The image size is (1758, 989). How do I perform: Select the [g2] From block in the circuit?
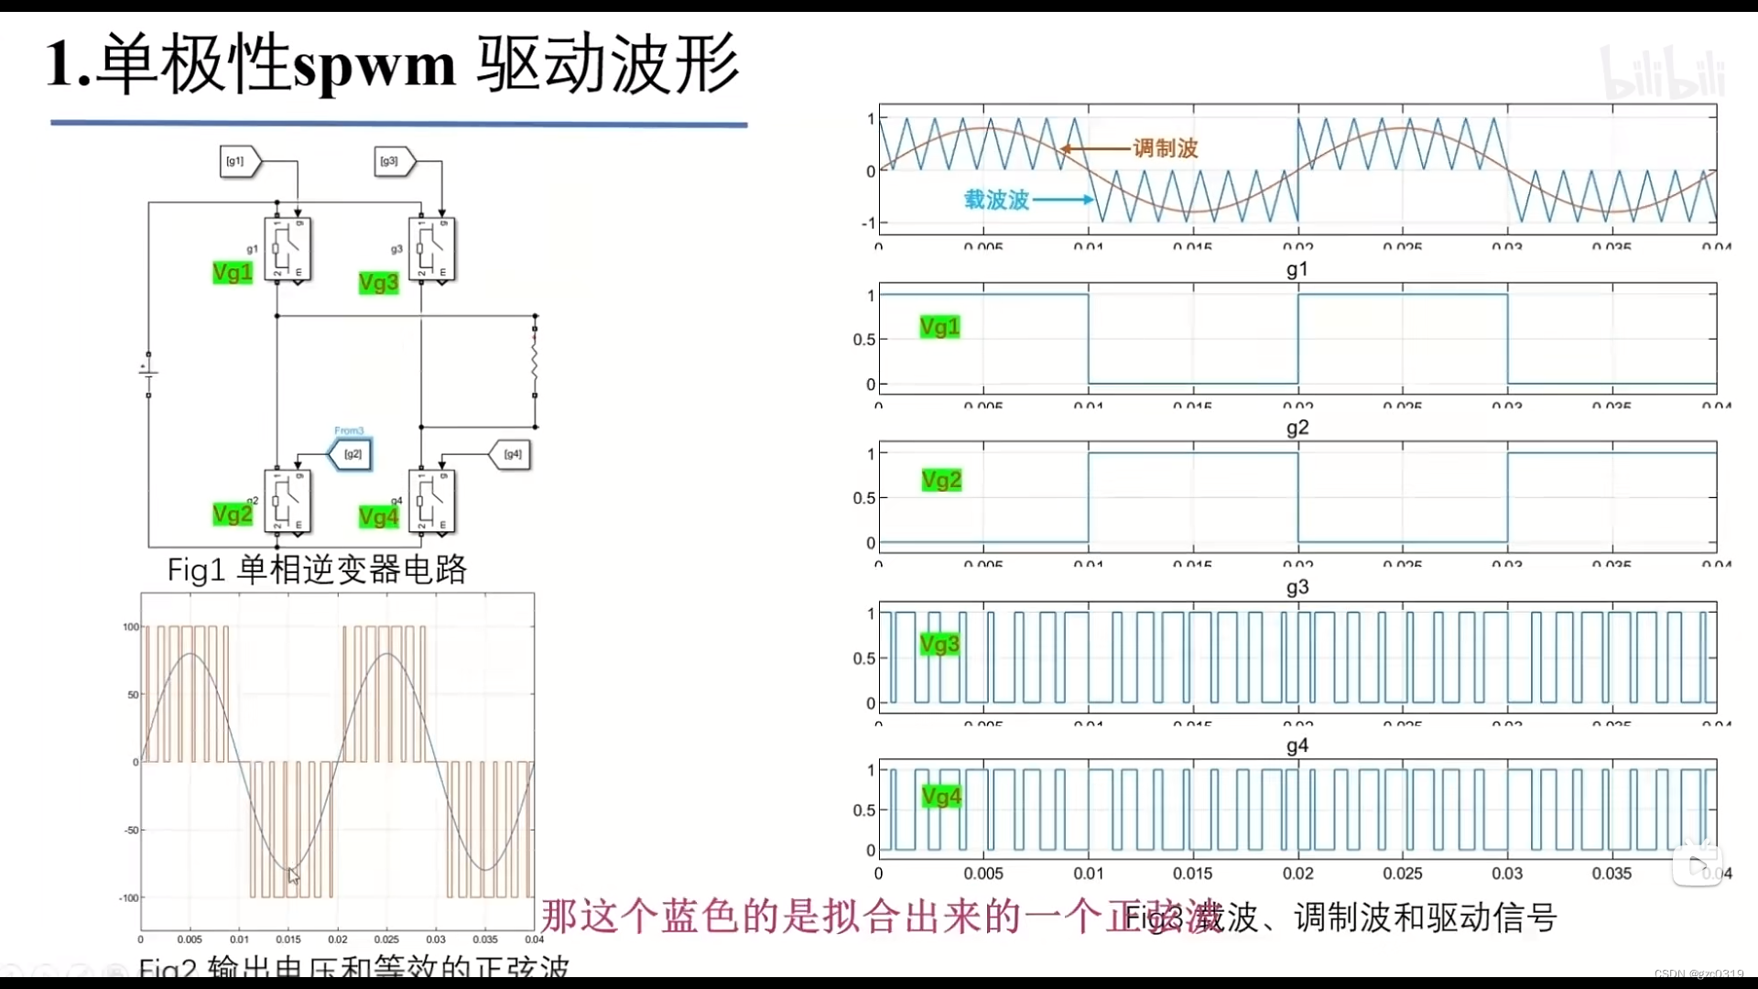[x=352, y=454]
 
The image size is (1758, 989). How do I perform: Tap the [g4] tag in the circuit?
[x=511, y=454]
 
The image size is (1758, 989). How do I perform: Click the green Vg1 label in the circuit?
[x=233, y=273]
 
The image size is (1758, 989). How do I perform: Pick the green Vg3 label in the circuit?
[x=378, y=283]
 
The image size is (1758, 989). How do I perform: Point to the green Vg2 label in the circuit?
[x=233, y=515]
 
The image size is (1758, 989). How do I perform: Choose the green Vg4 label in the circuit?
[x=378, y=517]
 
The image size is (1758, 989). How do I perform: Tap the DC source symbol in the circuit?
[x=148, y=374]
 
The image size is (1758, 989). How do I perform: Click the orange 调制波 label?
[x=1166, y=148]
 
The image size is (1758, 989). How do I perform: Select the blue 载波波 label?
[x=996, y=200]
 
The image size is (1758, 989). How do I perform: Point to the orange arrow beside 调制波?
[x=1095, y=148]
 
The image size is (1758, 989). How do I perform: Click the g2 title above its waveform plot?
[x=1297, y=428]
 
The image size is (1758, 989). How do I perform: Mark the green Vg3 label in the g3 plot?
[x=940, y=645]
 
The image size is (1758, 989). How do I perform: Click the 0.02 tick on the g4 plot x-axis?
[x=1297, y=874]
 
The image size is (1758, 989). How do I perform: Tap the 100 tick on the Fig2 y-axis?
[x=131, y=627]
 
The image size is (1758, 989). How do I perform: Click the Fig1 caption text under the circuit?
[x=317, y=570]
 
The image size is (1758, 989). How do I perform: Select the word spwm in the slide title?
[x=374, y=66]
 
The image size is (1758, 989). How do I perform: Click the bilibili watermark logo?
[x=1664, y=73]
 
